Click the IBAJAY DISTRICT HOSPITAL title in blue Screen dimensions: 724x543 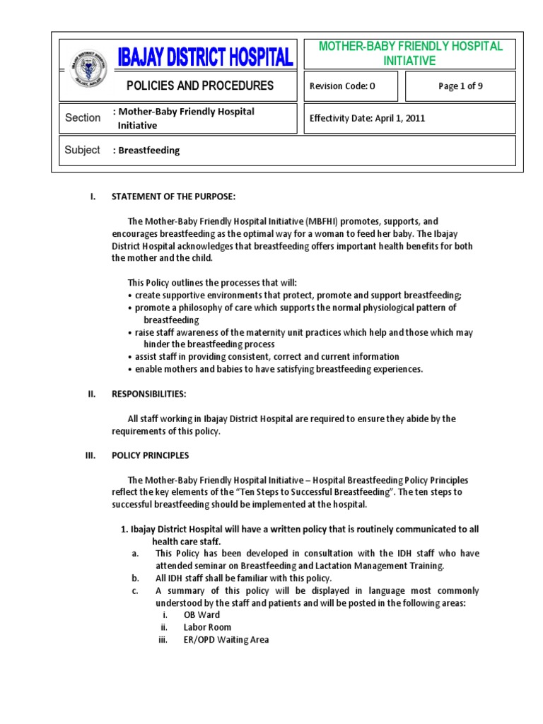[206, 57]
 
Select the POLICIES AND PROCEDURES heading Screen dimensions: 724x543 [199, 86]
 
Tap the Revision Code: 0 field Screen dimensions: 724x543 [342, 87]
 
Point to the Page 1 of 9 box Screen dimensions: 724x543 [460, 87]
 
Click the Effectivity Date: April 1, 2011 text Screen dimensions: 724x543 [367, 118]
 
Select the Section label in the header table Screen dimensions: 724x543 [83, 118]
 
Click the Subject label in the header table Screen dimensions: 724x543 [83, 150]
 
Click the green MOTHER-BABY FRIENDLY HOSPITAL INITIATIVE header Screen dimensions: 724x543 [410, 54]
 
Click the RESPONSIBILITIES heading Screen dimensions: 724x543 [149, 394]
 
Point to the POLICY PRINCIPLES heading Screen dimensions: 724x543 [151, 455]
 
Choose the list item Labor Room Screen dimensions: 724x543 [207, 627]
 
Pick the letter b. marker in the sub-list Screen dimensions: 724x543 [135, 578]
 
